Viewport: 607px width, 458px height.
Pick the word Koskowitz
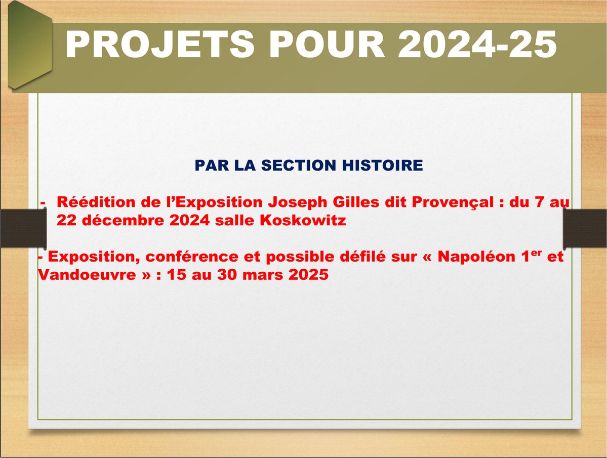click(x=303, y=220)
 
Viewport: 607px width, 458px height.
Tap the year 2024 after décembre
click(x=190, y=221)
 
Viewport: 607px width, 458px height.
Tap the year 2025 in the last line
click(x=308, y=275)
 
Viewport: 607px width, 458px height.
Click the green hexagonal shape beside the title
click(x=30, y=45)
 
